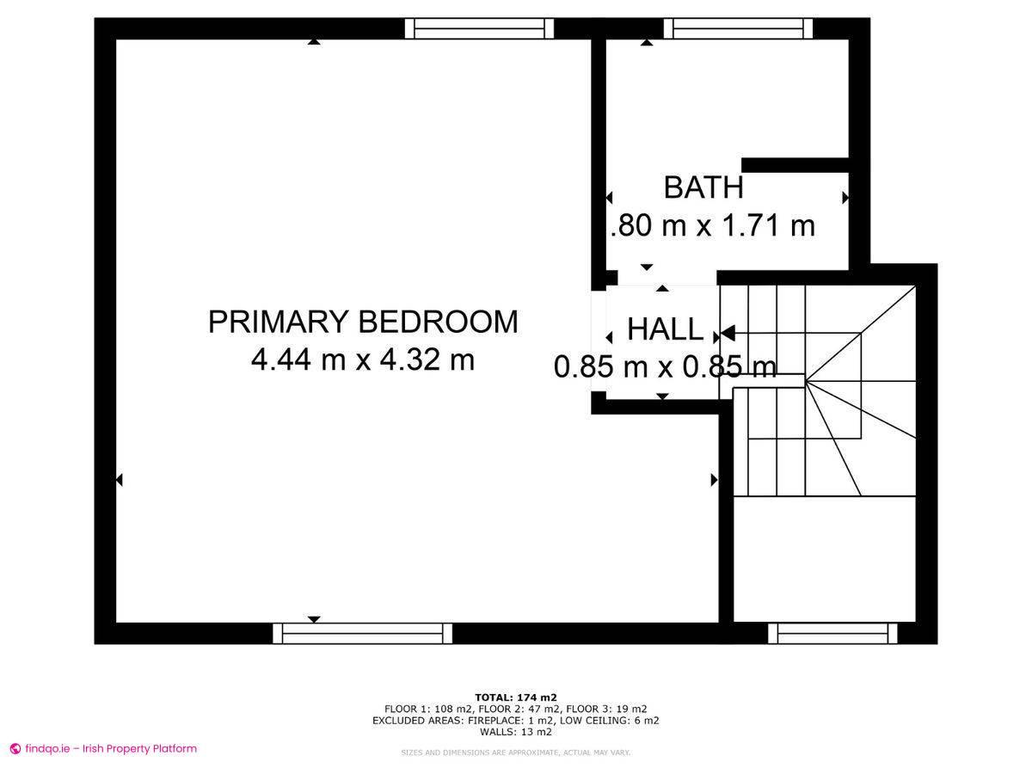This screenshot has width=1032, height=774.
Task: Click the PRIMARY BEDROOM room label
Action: click(363, 322)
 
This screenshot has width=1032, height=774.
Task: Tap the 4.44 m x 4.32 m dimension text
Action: click(363, 359)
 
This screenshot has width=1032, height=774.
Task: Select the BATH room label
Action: click(703, 187)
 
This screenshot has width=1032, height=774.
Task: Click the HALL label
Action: click(665, 329)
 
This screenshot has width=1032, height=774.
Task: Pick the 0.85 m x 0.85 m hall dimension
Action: click(665, 367)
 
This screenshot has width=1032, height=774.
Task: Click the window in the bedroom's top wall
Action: click(480, 28)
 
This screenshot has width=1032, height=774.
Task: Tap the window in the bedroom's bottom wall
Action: click(362, 634)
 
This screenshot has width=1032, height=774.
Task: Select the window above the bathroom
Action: click(738, 28)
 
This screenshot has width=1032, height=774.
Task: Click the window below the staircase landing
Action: click(832, 634)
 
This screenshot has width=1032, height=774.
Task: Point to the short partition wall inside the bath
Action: click(795, 165)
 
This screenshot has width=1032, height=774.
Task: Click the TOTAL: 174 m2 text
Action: click(516, 697)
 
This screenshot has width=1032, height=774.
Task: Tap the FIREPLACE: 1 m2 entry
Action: click(527, 721)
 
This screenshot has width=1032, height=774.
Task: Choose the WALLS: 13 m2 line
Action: click(516, 733)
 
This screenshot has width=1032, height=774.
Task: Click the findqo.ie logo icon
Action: click(15, 749)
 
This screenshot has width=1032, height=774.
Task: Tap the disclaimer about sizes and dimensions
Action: click(516, 752)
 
